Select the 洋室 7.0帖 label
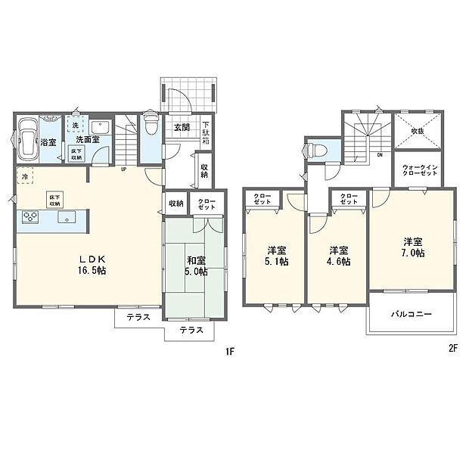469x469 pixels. [413, 247]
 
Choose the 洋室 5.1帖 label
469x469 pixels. [277, 256]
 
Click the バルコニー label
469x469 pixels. [411, 312]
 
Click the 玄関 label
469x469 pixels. [182, 127]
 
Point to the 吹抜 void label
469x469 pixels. [418, 131]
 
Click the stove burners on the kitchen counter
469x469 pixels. [32, 217]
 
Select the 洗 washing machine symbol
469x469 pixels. [76, 126]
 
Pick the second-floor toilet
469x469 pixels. [317, 149]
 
